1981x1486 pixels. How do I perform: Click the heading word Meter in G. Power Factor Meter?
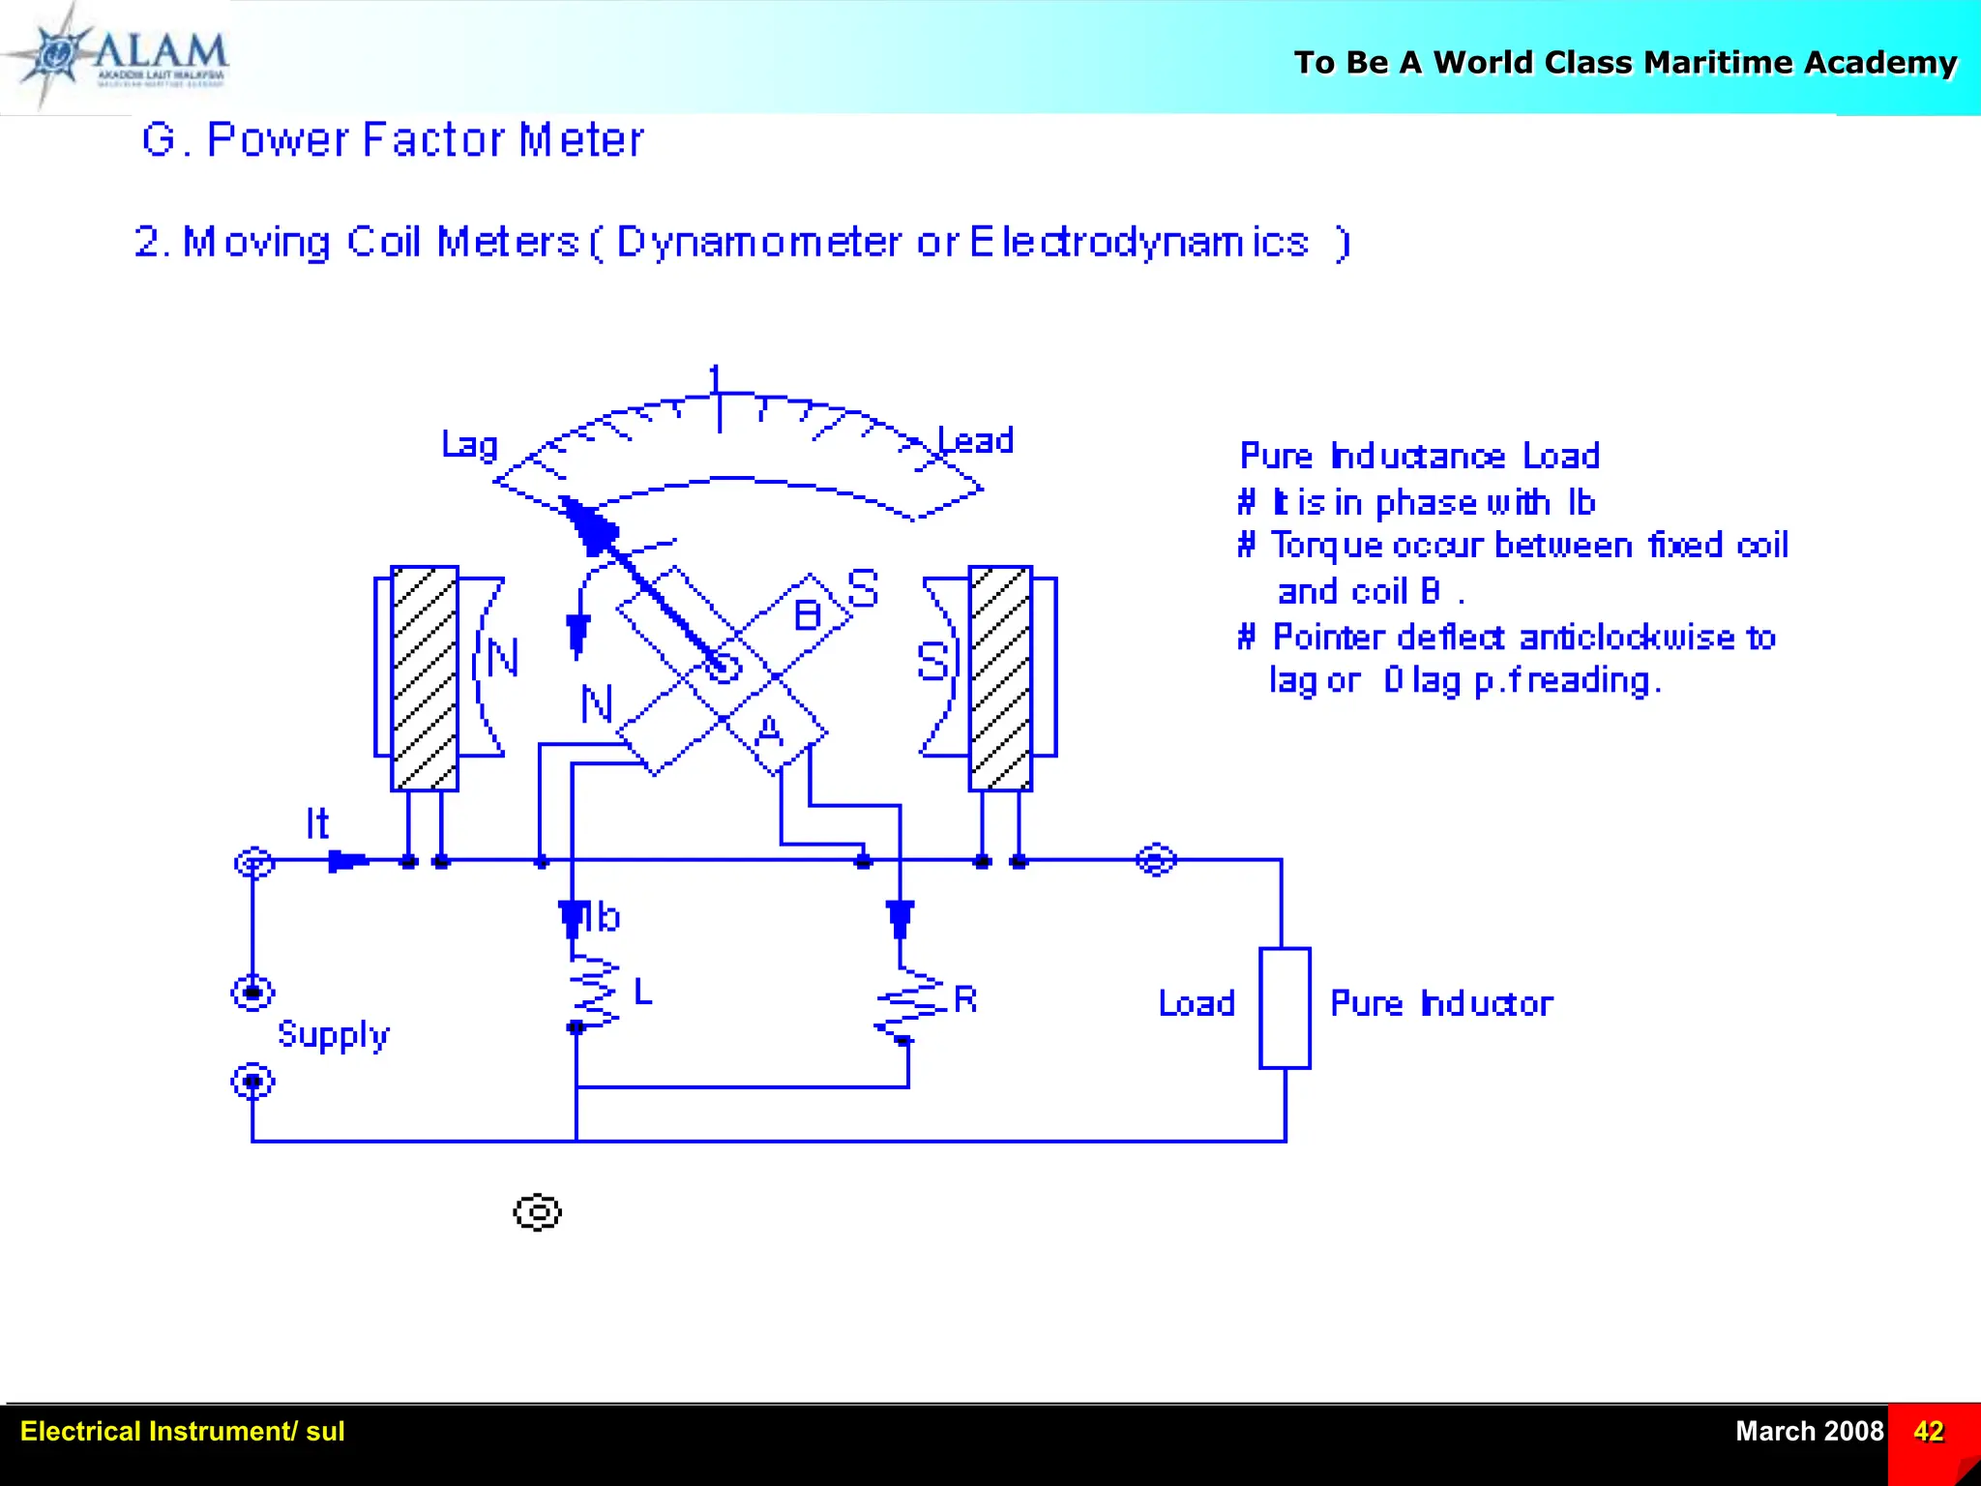tap(581, 140)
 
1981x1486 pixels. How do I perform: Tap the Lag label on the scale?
tap(469, 445)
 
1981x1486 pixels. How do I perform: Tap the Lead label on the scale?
tap(977, 441)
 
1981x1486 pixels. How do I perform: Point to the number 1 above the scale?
tap(715, 378)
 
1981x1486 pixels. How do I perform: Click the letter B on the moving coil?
tap(808, 615)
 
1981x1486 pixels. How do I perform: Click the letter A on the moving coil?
tap(769, 731)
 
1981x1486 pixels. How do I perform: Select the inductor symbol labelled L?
tap(592, 992)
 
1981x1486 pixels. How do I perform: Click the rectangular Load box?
tap(1285, 1008)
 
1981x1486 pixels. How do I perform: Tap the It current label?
tap(317, 824)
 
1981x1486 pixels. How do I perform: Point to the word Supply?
tap(334, 1035)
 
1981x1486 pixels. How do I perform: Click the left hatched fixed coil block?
tap(425, 678)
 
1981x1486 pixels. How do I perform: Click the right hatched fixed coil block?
tap(1000, 678)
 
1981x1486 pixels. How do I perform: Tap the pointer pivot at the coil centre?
tap(723, 667)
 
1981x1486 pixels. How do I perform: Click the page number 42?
tap(1928, 1431)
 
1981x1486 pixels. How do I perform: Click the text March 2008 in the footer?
tap(1809, 1431)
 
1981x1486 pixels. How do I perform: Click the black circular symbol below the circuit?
tap(537, 1212)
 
